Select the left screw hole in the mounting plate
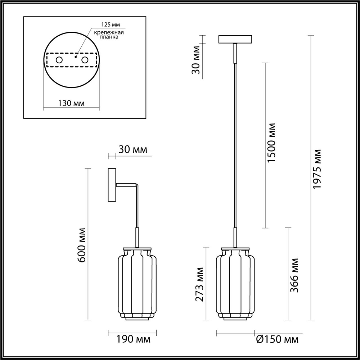(59, 60)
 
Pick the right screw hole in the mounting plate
(85, 60)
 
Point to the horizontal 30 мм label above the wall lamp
(133, 150)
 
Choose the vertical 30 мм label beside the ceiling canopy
(196, 60)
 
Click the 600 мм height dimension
(83, 245)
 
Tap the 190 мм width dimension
(133, 339)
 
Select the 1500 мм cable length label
(271, 143)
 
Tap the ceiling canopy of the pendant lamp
(235, 39)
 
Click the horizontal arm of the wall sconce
(126, 185)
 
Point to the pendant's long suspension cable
(235, 144)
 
